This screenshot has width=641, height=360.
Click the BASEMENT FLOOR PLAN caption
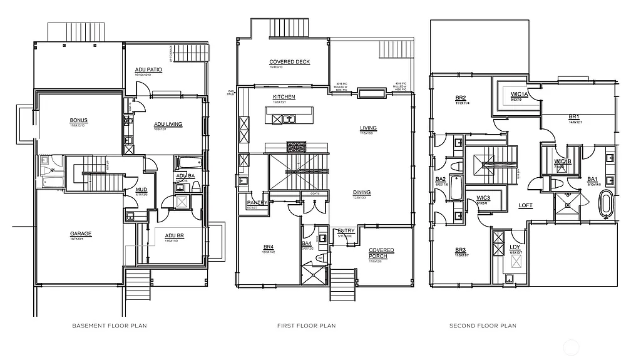point(110,326)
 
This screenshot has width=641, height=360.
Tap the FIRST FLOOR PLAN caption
point(306,326)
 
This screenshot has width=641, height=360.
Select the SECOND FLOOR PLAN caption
point(483,326)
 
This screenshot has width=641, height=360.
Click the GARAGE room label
point(81,234)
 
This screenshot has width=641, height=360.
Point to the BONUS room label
point(79,120)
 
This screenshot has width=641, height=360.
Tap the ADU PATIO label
point(148,69)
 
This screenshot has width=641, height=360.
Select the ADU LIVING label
point(168,124)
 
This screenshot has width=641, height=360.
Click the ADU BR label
point(174,236)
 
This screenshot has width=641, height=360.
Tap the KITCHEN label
point(284,97)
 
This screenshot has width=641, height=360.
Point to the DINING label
point(361,193)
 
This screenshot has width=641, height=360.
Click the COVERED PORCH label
point(381,253)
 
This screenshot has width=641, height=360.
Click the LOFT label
point(525,205)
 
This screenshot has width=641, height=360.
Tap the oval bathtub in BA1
point(605,205)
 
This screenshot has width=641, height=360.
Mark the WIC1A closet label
point(519,94)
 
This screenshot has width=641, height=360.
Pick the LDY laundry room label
point(515,247)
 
